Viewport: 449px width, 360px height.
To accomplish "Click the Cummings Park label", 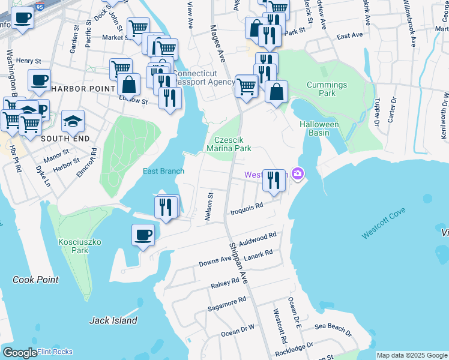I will pos(327,89).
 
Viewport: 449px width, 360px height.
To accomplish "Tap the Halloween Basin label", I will pos(319,128).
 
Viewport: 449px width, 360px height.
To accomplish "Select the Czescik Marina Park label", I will pos(228,143).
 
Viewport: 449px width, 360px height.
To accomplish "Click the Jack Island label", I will pos(113,320).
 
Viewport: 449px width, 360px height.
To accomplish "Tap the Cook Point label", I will pos(36,280).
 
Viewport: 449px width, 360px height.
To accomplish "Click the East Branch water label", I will pos(163,171).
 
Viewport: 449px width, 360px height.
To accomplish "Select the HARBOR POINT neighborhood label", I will pos(82,89).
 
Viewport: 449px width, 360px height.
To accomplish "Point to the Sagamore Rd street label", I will pos(226,304).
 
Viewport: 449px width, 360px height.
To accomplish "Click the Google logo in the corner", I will pos(19,353).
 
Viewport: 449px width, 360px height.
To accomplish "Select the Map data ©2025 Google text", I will pos(411,355).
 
